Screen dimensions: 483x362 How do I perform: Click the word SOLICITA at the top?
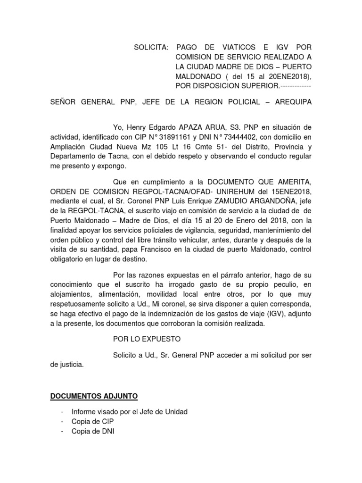pyautogui.click(x=151, y=48)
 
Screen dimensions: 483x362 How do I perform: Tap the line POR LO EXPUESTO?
pyautogui.click(x=147, y=339)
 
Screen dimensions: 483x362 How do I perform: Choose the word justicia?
pyautogui.click(x=72, y=364)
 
